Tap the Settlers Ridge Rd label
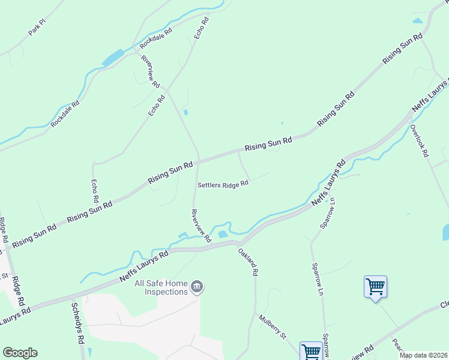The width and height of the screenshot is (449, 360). tap(223, 184)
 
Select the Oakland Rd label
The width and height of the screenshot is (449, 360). tap(248, 262)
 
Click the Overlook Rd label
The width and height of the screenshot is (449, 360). tap(420, 140)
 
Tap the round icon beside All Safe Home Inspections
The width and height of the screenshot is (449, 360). tap(196, 288)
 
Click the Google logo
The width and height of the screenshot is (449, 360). tap(20, 353)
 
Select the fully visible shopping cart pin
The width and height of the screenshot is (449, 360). tap(375, 287)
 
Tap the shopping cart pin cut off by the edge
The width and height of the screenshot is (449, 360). tap(312, 352)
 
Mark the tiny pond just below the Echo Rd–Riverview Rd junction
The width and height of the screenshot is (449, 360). tap(185, 112)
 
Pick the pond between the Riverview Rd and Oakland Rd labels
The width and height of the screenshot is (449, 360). tap(223, 234)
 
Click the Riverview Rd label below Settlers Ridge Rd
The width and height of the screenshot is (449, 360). tap(201, 225)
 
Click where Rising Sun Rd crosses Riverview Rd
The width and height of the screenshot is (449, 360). tap(199, 160)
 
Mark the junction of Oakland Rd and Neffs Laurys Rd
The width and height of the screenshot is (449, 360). tap(236, 242)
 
